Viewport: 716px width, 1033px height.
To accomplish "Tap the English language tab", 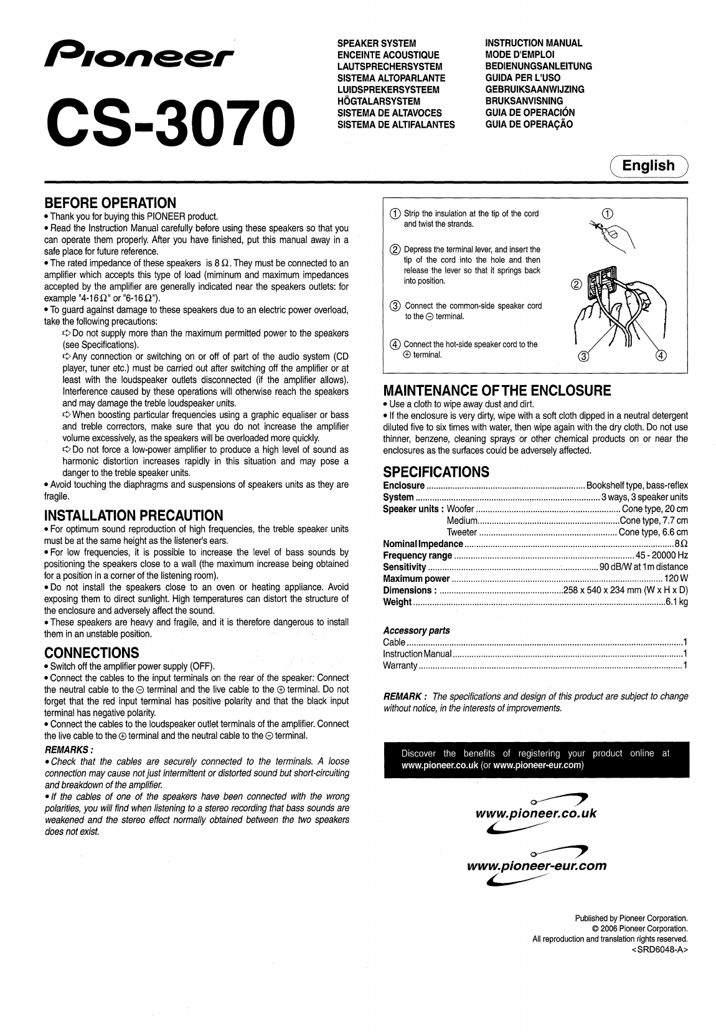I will [x=648, y=166].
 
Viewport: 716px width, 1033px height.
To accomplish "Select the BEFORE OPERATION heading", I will [x=110, y=203].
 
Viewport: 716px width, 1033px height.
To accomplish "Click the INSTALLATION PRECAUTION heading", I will [x=133, y=516].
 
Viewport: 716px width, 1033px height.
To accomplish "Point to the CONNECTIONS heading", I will [x=92, y=653].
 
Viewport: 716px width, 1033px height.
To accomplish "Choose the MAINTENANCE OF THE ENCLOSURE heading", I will [x=497, y=391].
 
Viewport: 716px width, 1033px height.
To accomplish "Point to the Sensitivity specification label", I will [x=404, y=567].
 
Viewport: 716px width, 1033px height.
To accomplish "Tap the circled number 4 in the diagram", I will [x=661, y=356].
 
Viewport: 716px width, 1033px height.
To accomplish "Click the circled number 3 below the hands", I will [x=583, y=356].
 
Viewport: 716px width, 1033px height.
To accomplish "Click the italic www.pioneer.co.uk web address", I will [x=536, y=813].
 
